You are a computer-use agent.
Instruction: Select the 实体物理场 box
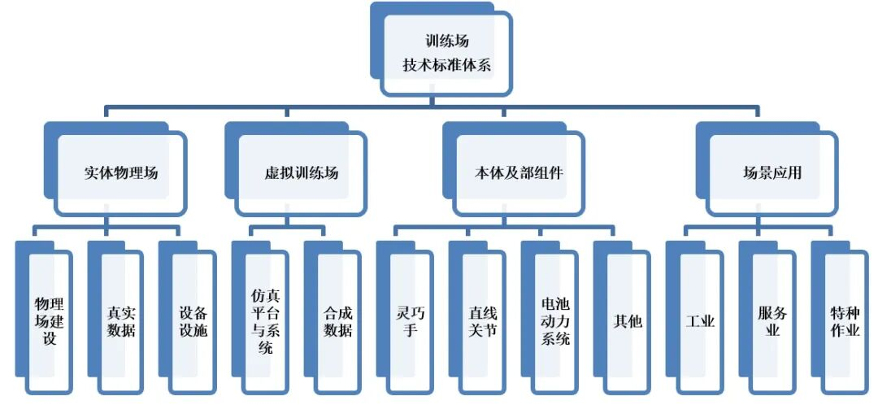121,173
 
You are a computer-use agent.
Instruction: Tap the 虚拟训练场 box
302,173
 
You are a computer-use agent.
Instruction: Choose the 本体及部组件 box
519,173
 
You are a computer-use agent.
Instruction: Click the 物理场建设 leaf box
50,321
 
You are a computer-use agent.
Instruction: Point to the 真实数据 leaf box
121,321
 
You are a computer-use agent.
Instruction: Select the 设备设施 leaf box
193,321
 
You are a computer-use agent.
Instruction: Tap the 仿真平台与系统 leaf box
265,321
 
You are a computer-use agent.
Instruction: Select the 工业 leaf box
700,321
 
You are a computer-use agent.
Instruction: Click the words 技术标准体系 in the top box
446,65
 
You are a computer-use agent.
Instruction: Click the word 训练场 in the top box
446,40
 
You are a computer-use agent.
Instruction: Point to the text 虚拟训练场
302,173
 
